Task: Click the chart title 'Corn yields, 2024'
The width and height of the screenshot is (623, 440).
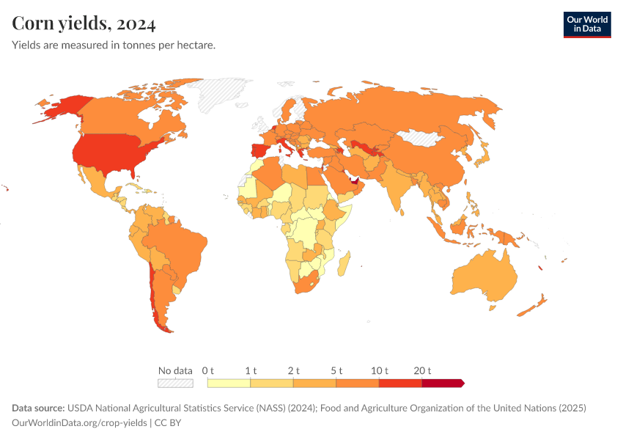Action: [84, 24]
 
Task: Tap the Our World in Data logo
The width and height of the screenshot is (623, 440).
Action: [586, 24]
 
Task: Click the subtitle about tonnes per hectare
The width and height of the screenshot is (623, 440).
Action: [114, 45]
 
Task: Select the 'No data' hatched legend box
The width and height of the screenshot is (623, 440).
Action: [175, 383]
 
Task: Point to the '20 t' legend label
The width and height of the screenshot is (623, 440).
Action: [423, 370]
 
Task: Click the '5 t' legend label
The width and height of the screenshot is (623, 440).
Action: [336, 370]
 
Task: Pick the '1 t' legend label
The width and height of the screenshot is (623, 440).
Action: [251, 370]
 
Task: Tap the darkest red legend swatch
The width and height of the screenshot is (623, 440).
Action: [442, 383]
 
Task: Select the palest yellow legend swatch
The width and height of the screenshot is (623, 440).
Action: [229, 383]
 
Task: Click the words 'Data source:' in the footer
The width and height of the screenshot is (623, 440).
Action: [38, 408]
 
